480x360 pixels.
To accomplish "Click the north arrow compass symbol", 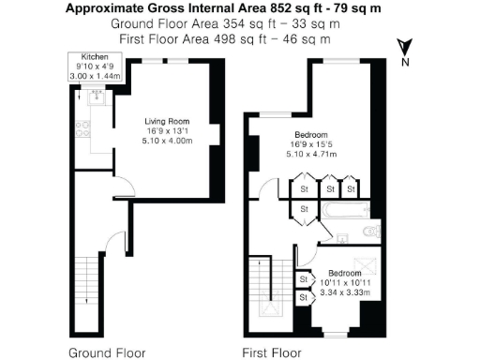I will point(404,48).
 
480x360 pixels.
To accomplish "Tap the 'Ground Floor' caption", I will point(107,353).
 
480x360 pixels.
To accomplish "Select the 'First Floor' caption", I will point(272,353).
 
